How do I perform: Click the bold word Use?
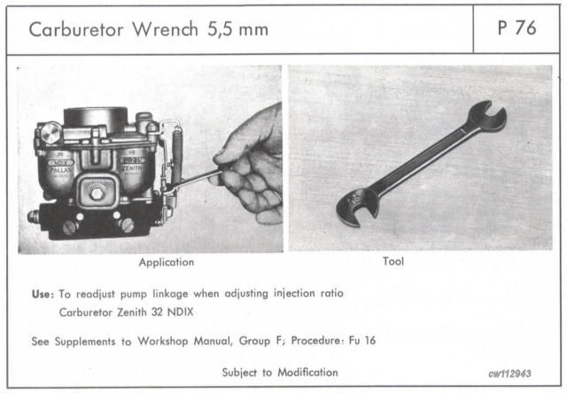42,292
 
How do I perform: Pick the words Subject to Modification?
280,373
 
